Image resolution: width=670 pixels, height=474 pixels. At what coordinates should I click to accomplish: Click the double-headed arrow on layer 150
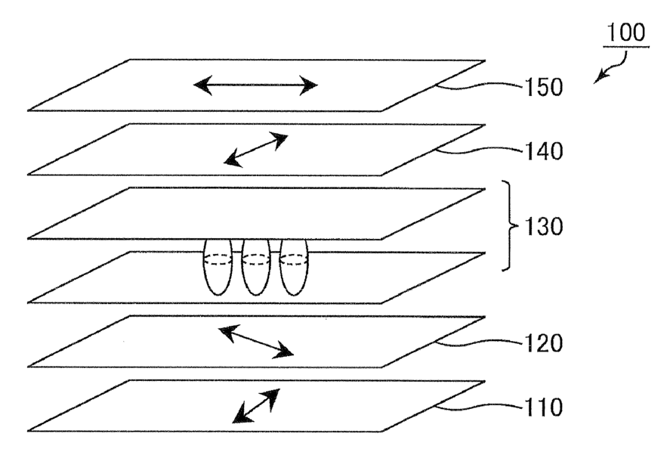(255, 85)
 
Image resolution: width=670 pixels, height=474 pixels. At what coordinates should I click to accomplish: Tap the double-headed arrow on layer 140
(257, 149)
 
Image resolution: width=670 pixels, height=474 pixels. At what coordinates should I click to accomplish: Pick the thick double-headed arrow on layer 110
(255, 406)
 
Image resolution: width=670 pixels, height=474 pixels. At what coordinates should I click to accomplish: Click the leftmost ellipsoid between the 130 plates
(217, 267)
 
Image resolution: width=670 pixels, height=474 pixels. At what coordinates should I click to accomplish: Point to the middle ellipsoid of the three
(255, 267)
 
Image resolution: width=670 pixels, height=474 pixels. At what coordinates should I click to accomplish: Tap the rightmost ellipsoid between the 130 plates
(294, 267)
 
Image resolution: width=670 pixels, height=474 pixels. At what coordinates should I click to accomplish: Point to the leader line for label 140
(480, 150)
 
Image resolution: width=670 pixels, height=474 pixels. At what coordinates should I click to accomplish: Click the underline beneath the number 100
(626, 47)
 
